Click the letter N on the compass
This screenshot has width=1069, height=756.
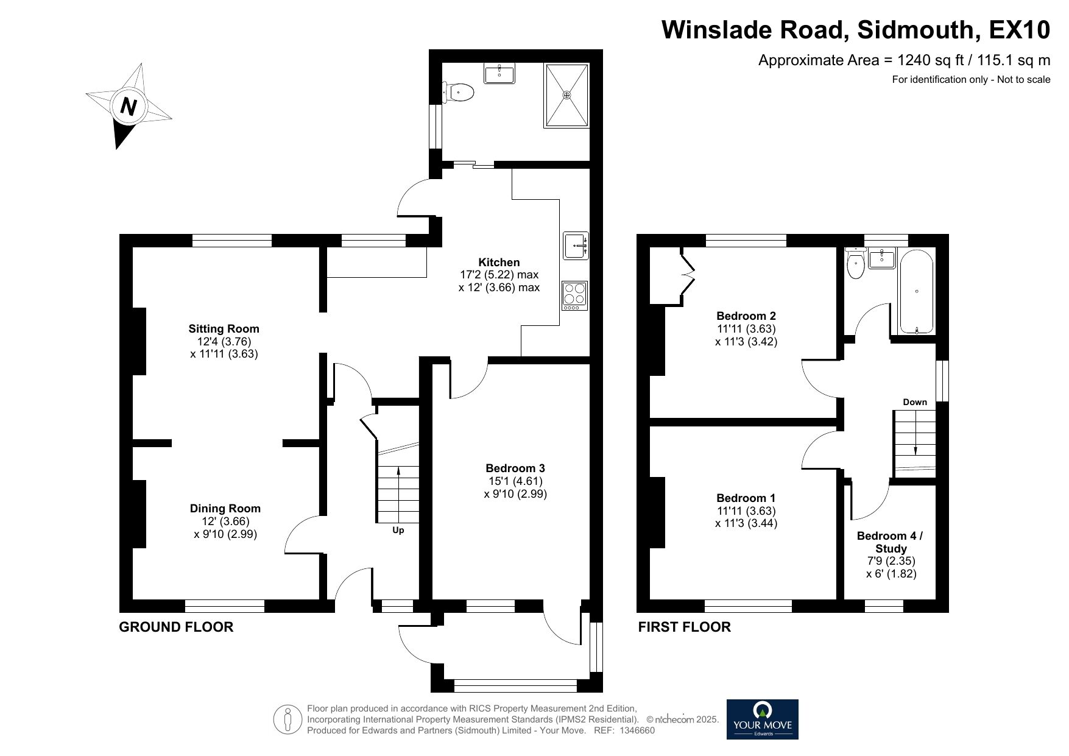pos(128,107)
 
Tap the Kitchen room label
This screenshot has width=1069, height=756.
pos(499,263)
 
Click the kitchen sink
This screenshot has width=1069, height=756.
pos(576,245)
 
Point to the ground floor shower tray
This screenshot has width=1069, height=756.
pos(566,95)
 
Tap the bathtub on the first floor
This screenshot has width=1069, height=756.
pos(917,292)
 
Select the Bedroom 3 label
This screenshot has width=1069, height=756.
pos(515,468)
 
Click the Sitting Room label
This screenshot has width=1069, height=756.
pos(224,329)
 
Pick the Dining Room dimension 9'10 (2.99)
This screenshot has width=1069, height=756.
pos(225,534)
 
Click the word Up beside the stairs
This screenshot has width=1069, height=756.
pos(398,530)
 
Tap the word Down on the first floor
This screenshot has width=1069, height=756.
pos(914,402)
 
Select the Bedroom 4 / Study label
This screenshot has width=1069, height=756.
pos(890,542)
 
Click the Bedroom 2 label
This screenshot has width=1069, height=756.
pos(746,316)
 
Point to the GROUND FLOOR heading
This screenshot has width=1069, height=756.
pos(176,627)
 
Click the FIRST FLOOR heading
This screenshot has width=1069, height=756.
pos(684,627)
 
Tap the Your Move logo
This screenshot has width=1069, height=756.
pos(762,719)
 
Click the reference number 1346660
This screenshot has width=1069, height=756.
pos(637,730)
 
